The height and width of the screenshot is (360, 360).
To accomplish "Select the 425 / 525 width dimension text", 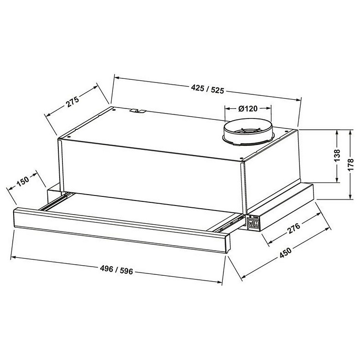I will [207, 89].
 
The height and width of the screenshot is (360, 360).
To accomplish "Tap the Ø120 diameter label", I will [248, 108].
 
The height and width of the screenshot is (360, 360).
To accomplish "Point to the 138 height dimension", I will [337, 156].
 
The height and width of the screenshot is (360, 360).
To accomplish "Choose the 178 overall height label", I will [350, 164].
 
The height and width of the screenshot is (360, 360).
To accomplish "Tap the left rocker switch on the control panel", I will [251, 224].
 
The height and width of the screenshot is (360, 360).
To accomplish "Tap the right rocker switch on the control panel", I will [257, 224].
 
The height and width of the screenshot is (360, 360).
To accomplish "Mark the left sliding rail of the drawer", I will [55, 201].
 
